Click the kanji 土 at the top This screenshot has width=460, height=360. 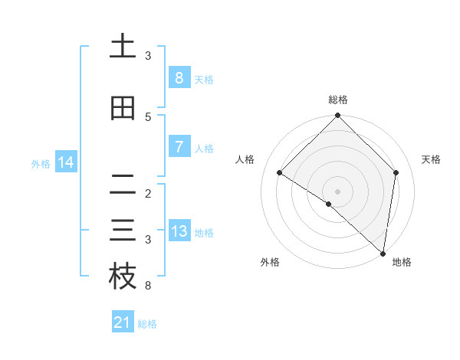pos(123,47)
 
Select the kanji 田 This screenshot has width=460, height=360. pos(123,109)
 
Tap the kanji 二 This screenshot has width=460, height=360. pos(123,185)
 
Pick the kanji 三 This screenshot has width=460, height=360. pos(123,231)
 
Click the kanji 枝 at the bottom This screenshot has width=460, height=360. pos(123,277)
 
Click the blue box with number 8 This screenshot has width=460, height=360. pos(179,78)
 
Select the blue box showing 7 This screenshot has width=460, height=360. pos(179,147)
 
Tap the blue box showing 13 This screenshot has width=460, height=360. pos(179,231)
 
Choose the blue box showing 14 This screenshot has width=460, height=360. pos(66,162)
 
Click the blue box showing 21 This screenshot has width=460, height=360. pos(122,323)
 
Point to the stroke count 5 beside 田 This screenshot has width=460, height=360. pos(148,117)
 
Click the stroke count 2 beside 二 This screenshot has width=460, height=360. pos(148,194)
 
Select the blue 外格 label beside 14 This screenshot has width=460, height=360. pos(41,163)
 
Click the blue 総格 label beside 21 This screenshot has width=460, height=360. pos(147,324)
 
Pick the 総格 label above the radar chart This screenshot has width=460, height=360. pos(337,100)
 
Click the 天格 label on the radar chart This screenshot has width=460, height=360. pos(431,159)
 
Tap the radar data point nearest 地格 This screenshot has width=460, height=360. pos(383,254)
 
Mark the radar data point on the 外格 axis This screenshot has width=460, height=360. pos(329,204)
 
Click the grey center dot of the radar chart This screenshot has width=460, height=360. pos(337,191)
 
